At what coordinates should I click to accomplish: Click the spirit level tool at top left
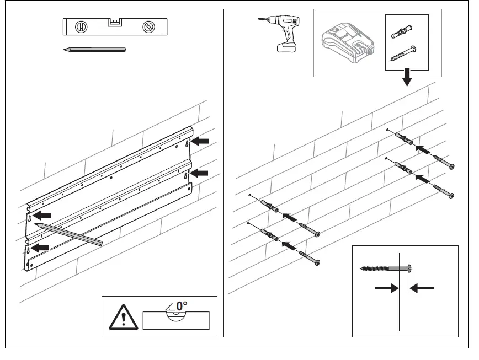pyautogui.click(x=114, y=26)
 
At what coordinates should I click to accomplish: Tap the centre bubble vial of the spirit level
pyautogui.click(x=114, y=23)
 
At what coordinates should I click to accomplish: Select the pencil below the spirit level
pyautogui.click(x=94, y=50)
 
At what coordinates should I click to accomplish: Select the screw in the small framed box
pyautogui.click(x=403, y=54)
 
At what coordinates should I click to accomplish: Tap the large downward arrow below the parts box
pyautogui.click(x=407, y=78)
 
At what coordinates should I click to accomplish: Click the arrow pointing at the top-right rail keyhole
pyautogui.click(x=200, y=142)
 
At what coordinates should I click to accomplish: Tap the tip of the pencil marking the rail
pyautogui.click(x=35, y=224)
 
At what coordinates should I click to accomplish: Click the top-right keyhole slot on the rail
pyautogui.click(x=188, y=143)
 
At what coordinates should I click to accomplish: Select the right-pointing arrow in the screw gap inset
pyautogui.click(x=386, y=287)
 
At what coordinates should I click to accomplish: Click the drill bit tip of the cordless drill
pyautogui.click(x=259, y=20)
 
